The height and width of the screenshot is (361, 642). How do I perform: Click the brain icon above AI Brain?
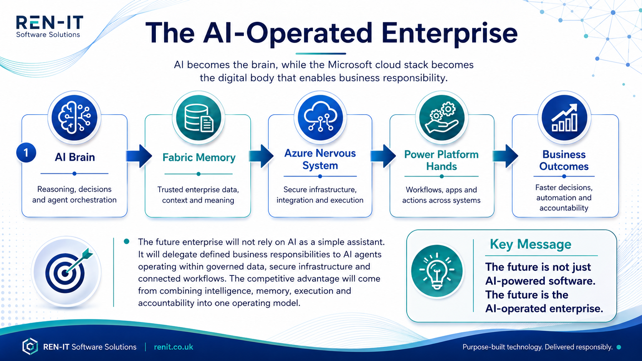(74, 118)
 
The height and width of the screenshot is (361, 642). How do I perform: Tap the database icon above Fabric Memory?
(199, 118)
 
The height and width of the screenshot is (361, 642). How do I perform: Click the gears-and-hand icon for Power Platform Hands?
(442, 118)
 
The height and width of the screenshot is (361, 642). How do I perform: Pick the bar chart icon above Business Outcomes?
(564, 118)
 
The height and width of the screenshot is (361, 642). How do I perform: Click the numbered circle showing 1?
(26, 153)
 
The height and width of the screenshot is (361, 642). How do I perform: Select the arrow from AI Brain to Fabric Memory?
(139, 156)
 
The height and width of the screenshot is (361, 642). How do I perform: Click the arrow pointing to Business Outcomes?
(505, 156)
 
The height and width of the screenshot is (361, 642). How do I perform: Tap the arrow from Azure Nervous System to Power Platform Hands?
(383, 156)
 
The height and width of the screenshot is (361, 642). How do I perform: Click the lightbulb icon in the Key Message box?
(437, 271)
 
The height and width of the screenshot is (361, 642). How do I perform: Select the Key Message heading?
(531, 244)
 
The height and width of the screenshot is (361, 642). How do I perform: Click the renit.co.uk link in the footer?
(174, 347)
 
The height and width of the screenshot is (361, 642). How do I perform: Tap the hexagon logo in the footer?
(30, 346)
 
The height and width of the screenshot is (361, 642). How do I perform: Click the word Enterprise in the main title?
(449, 34)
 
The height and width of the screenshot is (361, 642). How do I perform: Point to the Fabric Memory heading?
(199, 157)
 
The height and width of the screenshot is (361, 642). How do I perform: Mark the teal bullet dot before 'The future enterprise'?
(126, 242)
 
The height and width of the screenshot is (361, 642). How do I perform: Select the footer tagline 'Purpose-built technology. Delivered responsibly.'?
(538, 347)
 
